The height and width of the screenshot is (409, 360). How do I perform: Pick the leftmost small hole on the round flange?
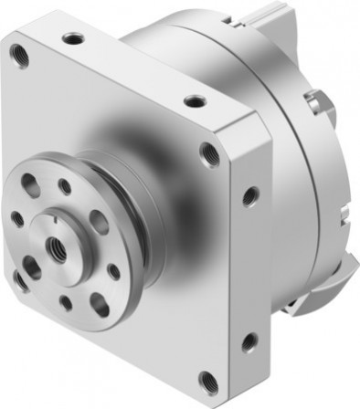17,218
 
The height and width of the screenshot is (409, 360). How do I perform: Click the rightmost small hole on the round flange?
113,270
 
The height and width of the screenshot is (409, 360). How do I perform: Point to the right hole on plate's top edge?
193,102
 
